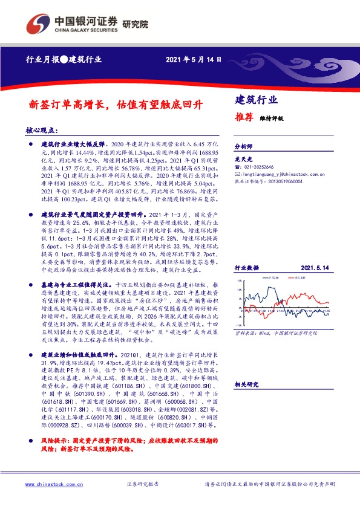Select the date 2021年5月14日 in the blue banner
point(193,60)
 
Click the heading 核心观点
point(42,130)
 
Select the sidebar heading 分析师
point(242,147)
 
